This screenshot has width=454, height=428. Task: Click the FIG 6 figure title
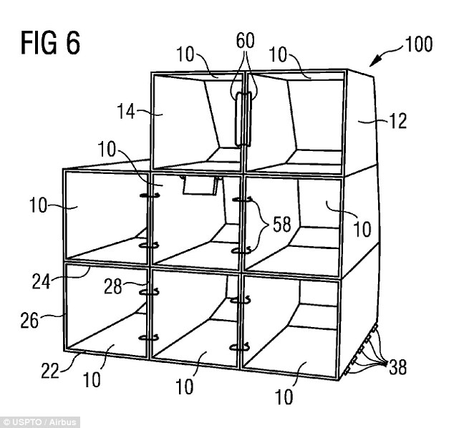tap(50, 43)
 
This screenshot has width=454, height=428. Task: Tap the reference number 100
tap(419, 44)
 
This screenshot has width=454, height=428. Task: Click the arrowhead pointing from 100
tap(374, 61)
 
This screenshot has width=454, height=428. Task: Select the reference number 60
tap(245, 41)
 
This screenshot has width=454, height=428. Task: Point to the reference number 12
tap(398, 121)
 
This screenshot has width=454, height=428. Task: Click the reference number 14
tap(126, 112)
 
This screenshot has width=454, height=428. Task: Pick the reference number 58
tap(282, 224)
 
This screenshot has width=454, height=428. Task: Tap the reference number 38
tap(397, 366)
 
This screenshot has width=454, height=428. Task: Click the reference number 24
tap(41, 281)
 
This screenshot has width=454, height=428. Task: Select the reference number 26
tap(29, 321)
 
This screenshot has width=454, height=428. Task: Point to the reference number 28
tap(112, 286)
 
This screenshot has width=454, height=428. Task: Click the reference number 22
tap(50, 371)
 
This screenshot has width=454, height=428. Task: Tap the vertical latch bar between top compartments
tap(243, 119)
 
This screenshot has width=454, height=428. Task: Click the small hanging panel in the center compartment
tap(200, 185)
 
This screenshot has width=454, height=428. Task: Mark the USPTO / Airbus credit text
tap(40, 422)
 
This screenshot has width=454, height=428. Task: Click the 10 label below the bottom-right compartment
tap(284, 397)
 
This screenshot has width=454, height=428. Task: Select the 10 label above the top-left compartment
tap(185, 54)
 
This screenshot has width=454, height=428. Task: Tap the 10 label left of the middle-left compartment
tap(38, 205)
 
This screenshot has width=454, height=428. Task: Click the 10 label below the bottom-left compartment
tap(92, 379)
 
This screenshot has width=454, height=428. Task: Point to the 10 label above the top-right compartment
tap(278, 54)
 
